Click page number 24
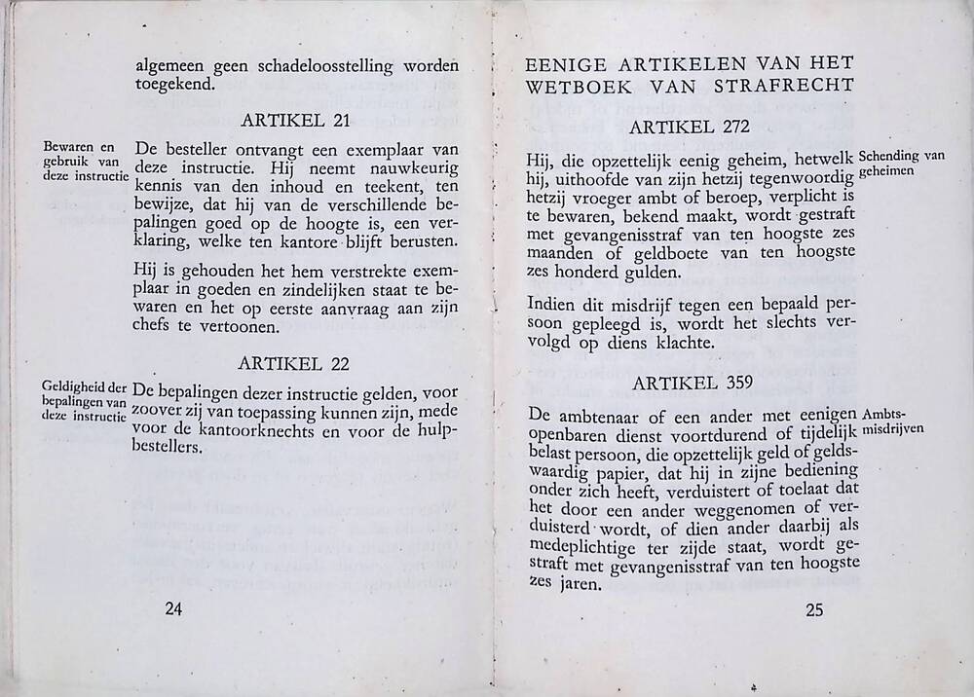click(x=174, y=610)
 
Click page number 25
click(x=815, y=611)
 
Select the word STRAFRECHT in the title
click(x=795, y=85)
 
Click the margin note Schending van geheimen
click(x=902, y=163)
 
